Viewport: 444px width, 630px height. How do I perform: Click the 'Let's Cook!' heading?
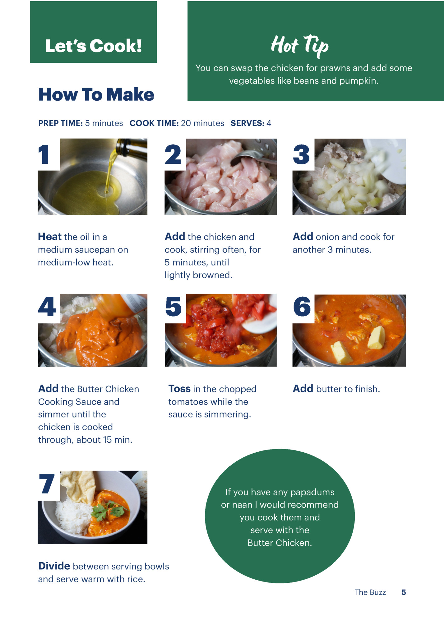pos(93,46)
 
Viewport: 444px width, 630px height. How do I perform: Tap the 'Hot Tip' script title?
pos(299,46)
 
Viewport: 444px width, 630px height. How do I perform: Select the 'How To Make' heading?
pos(96,94)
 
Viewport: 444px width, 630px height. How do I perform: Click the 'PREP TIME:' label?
pos(60,123)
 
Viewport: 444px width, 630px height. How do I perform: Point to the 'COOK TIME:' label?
pos(154,123)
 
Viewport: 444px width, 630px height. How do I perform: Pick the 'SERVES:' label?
pos(247,123)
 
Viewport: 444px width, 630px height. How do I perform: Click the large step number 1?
pos(44,154)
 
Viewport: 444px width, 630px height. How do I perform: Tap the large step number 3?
pos(301,154)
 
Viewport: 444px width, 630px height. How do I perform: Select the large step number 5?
pos(173,307)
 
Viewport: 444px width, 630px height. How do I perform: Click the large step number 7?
pos(47,484)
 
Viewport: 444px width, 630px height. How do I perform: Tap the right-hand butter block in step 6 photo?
pos(376,337)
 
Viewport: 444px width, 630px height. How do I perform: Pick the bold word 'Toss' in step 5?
pos(179,389)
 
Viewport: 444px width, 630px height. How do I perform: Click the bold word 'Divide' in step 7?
pos(54,566)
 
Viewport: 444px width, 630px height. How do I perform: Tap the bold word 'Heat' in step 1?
pos(50,237)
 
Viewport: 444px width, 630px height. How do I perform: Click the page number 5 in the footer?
pos(404,592)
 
